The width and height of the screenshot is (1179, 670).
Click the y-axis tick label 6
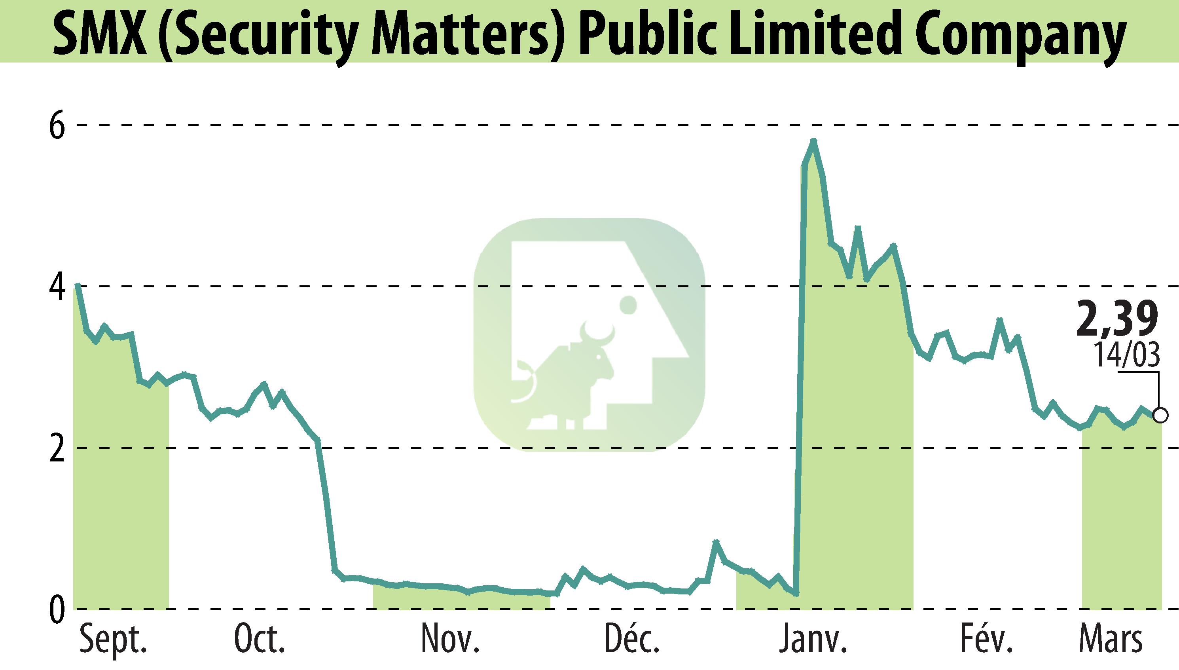pyautogui.click(x=57, y=125)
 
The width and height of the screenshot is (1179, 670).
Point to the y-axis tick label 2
pyautogui.click(x=57, y=449)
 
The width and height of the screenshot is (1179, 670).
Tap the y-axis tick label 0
pyautogui.click(x=57, y=610)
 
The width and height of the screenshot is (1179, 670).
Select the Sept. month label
pyautogui.click(x=113, y=640)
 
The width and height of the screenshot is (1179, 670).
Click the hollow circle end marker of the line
pyautogui.click(x=1161, y=416)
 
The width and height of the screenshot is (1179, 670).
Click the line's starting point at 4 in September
pyautogui.click(x=77, y=285)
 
